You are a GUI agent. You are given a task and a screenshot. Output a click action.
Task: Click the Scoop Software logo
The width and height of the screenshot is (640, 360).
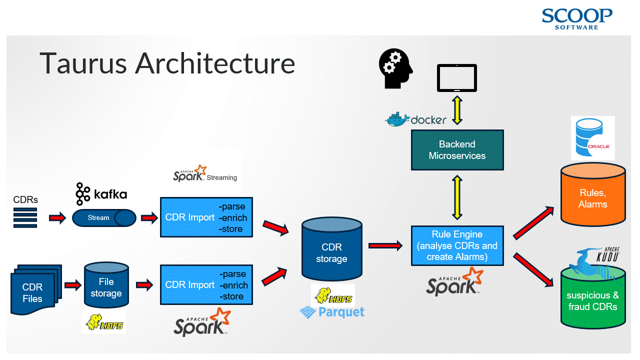(x=576, y=18)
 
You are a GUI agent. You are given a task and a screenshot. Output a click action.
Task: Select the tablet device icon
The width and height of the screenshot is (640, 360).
(x=457, y=78)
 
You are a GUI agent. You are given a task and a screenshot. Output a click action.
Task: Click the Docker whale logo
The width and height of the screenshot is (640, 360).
(x=397, y=119)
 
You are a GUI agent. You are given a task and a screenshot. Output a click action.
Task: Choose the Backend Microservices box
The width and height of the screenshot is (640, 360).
(x=457, y=150)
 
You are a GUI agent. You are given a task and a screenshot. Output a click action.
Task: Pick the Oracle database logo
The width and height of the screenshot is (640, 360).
(x=592, y=138)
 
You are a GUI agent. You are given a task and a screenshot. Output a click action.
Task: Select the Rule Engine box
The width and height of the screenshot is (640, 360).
(x=457, y=245)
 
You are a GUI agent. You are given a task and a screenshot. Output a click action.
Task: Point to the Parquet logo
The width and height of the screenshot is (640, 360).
(x=332, y=312)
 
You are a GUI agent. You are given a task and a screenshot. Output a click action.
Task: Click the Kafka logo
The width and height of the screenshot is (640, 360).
(x=101, y=194)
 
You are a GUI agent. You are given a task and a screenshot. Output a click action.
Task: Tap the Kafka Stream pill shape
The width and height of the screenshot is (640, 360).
(x=104, y=218)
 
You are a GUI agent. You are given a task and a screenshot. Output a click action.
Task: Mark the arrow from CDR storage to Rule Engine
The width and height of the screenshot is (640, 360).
(x=385, y=245)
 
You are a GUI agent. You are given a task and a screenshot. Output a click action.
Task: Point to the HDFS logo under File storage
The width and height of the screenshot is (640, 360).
(x=104, y=323)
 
